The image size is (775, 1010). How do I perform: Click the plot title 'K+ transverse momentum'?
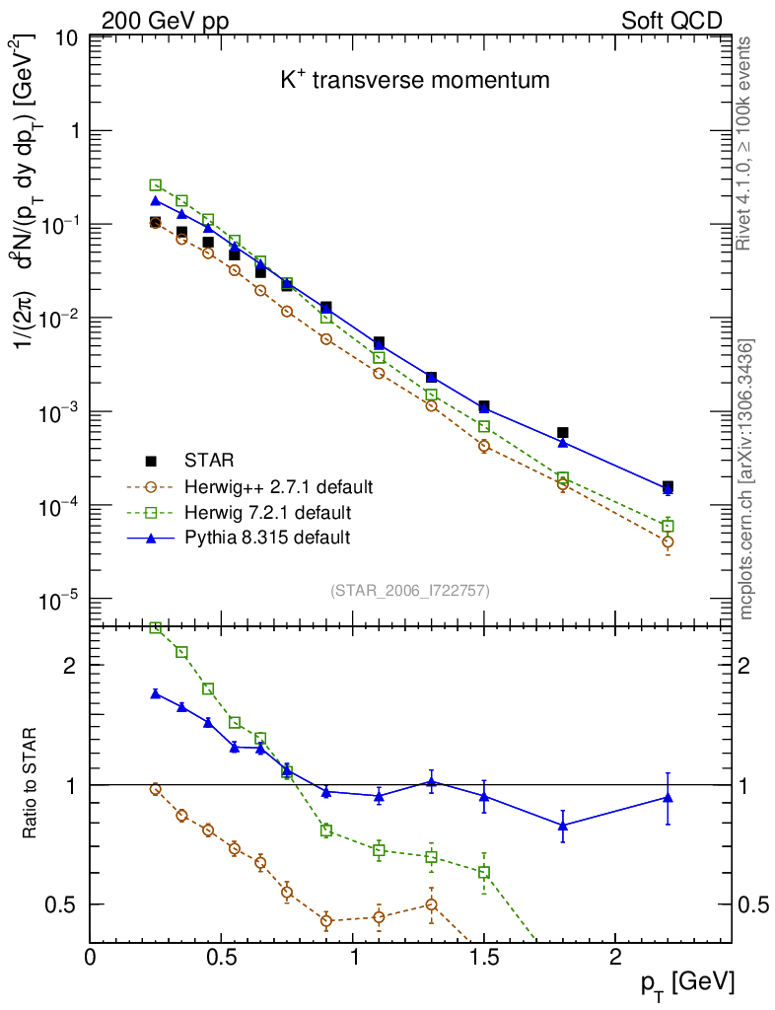[414, 81]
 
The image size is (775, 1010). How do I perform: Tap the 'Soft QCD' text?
[671, 21]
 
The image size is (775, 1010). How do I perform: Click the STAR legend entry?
[206, 461]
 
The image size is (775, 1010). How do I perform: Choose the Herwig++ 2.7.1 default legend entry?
[277, 487]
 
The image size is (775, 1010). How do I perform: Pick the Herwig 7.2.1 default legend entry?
[267, 513]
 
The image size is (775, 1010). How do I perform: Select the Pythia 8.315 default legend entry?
[266, 539]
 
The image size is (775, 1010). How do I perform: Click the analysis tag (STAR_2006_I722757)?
[409, 591]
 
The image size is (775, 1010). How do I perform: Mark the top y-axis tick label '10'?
[66, 38]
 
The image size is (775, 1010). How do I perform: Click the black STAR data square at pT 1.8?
[563, 433]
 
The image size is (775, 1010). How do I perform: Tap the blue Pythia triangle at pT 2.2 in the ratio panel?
[668, 797]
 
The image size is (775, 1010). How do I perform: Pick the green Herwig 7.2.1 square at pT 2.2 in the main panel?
[668, 526]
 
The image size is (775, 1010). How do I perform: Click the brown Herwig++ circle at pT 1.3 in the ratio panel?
[431, 904]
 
